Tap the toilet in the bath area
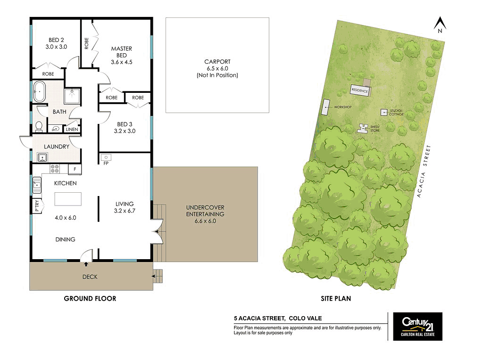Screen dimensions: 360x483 [x=39, y=126]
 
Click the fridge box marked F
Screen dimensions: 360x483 [x=75, y=169]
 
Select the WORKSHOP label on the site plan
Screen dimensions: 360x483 [x=343, y=107]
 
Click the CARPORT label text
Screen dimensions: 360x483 [x=217, y=62]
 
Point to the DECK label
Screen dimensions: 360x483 [x=90, y=277]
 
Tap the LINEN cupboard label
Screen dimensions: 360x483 [x=72, y=129]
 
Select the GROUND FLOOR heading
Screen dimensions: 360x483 [x=90, y=298]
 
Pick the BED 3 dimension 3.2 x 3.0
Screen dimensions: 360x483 [x=125, y=131]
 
